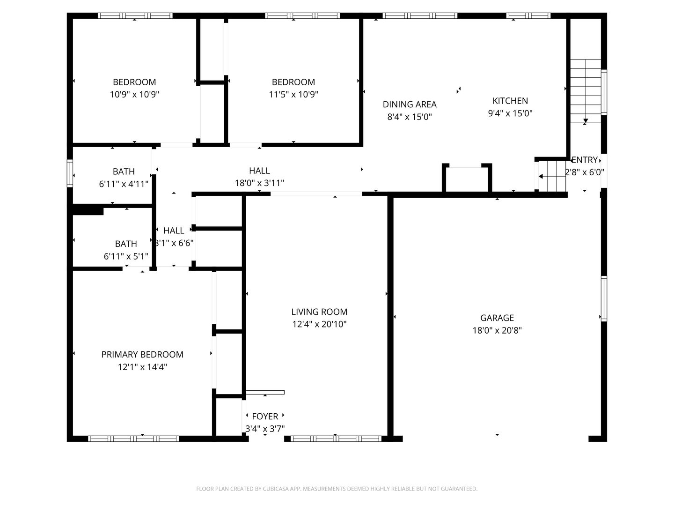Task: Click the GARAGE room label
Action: coord(497,318)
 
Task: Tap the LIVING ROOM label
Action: coord(319,312)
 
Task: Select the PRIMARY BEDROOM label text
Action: coord(142,354)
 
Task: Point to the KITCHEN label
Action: coord(510,101)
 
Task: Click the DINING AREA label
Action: coord(410,104)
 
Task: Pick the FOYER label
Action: coord(265,417)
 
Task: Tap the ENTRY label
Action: coord(584,160)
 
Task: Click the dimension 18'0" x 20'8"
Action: coord(497,330)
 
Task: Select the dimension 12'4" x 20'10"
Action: coord(319,324)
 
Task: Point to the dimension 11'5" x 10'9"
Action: coord(293,94)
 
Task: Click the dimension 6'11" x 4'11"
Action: coord(124,184)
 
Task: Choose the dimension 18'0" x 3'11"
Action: coord(259,183)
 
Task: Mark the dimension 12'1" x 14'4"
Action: coord(142,367)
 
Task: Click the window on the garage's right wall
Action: coord(604,298)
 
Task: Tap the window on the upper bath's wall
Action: coord(70,173)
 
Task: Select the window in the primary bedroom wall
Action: coord(133,439)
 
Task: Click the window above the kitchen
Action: coord(528,15)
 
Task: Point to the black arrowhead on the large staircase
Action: coord(585,121)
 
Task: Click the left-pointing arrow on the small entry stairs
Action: coord(541,176)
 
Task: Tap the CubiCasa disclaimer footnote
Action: coord(337,489)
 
